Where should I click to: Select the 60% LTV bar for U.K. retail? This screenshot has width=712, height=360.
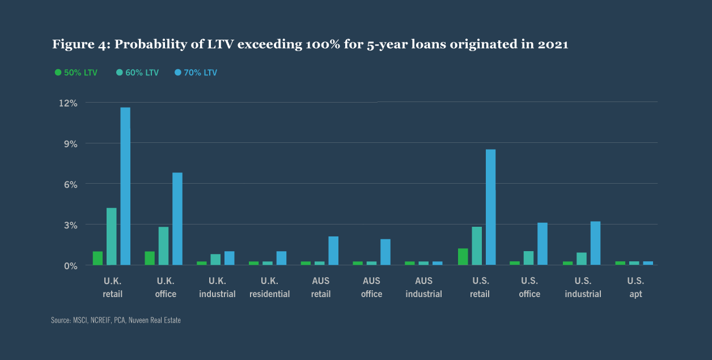pos(112,236)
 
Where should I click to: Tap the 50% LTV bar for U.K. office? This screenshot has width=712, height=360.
pos(150,258)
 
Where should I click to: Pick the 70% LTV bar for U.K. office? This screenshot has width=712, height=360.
pos(177,219)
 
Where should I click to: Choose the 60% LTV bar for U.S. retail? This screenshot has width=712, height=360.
pos(477,245)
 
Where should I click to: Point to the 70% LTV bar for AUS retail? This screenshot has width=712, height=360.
pos(333,251)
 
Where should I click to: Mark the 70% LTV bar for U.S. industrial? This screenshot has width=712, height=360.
pos(595,243)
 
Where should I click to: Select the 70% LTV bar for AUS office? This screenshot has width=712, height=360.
pos(385,252)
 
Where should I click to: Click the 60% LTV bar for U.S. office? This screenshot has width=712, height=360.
pos(529,258)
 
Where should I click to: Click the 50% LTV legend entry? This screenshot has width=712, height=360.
pos(77,73)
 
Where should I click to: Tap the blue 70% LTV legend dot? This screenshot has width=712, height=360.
pos(178,73)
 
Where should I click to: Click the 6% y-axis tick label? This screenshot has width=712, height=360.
pos(71,184)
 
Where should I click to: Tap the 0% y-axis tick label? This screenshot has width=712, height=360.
pos(71,265)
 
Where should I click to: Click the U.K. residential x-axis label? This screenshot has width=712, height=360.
pos(270,287)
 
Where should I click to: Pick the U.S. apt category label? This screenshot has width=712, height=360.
pos(635,287)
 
